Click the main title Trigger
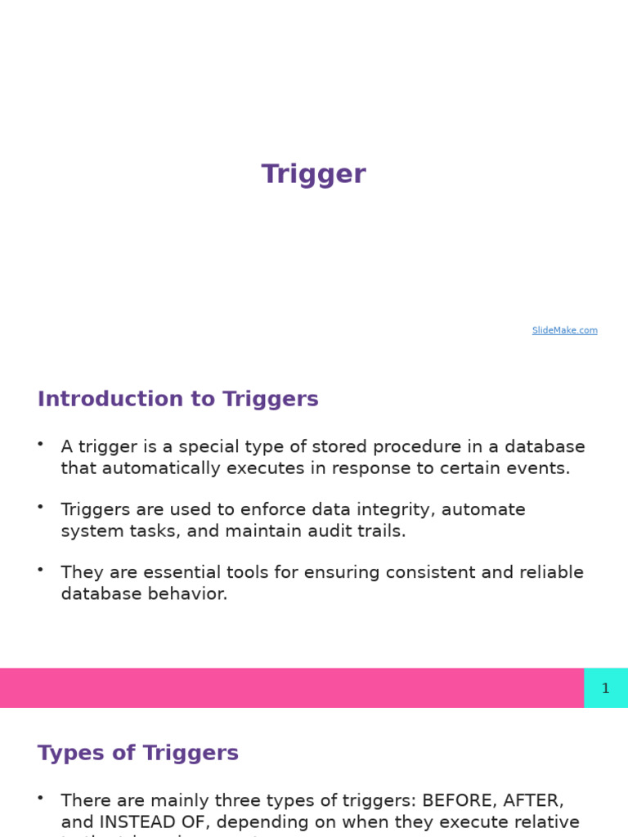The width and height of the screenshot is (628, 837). pyautogui.click(x=313, y=174)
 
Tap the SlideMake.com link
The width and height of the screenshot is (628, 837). pyautogui.click(x=564, y=330)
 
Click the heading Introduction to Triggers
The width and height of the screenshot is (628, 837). pyautogui.click(x=177, y=399)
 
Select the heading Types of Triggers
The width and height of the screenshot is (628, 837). pyautogui.click(x=138, y=753)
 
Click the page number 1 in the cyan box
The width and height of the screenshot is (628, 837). pyautogui.click(x=605, y=688)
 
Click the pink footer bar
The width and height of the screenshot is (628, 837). pyautogui.click(x=291, y=688)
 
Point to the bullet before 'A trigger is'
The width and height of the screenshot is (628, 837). pyautogui.click(x=40, y=444)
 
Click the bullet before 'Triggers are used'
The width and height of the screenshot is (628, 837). pyautogui.click(x=40, y=507)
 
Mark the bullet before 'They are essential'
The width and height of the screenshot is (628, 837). pyautogui.click(x=40, y=570)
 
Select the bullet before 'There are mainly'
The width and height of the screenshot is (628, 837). pyautogui.click(x=40, y=798)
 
